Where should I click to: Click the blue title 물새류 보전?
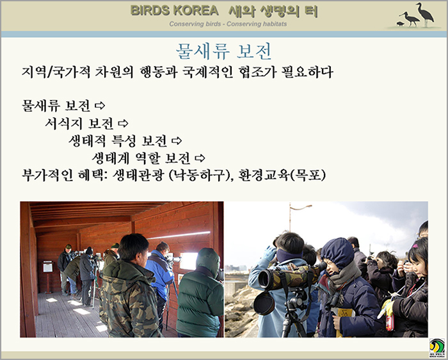coord(224,52)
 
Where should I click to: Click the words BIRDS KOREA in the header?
coord(174,11)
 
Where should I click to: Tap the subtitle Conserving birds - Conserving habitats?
coord(228,24)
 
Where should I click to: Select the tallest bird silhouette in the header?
coord(425,14)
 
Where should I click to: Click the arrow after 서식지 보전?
coord(123,123)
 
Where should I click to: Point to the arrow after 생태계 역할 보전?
coord(200,158)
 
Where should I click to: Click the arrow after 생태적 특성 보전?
coord(177,140)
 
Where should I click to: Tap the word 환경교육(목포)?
coord(282,175)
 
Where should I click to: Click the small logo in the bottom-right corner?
coord(437,348)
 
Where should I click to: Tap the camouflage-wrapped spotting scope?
coord(289,276)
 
